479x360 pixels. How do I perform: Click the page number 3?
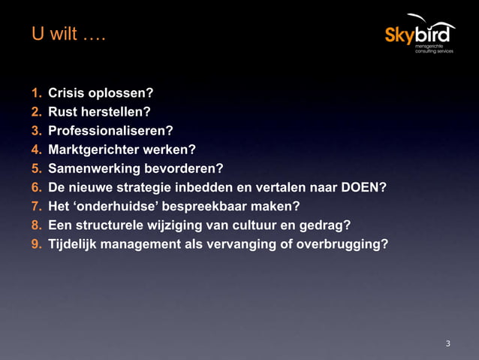coord(448,343)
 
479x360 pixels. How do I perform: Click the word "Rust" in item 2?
coord(63,113)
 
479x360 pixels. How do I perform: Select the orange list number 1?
coord(36,94)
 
